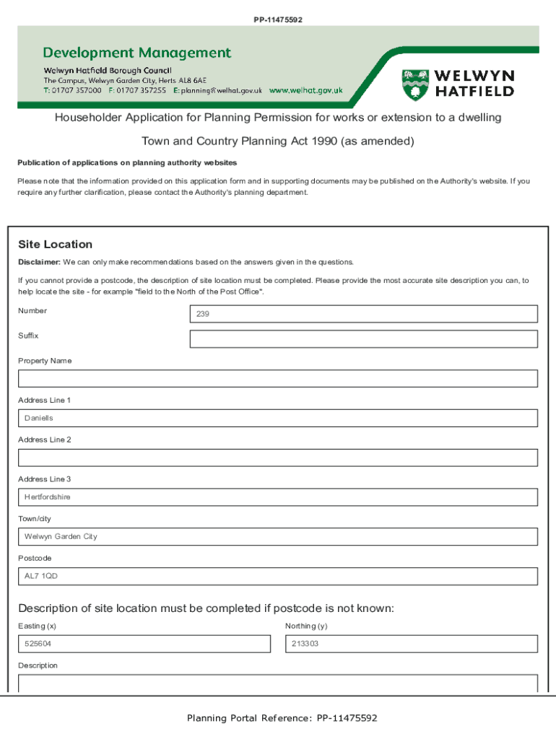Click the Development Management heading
[137, 53]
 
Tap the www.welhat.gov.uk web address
[305, 91]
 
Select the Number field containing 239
[363, 314]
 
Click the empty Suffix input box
[363, 339]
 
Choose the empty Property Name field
[278, 379]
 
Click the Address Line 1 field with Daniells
[278, 419]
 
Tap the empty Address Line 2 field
[278, 458]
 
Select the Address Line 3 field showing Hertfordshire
[278, 497]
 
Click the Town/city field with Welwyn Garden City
[278, 537]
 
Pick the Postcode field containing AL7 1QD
[278, 577]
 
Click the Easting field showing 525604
[144, 644]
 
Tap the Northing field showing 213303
[411, 644]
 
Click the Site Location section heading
[55, 245]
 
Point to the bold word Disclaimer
[39, 262]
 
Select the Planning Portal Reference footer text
[282, 718]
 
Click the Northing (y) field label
[306, 626]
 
